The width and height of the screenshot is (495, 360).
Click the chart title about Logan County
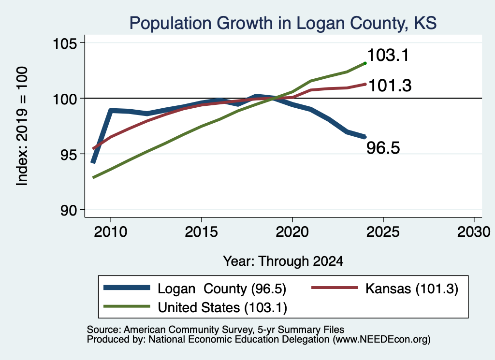click(283, 23)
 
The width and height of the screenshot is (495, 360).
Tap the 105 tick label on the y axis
click(65, 43)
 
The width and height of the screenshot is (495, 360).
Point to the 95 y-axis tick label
click(69, 154)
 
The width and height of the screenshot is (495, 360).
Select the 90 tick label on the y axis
click(69, 210)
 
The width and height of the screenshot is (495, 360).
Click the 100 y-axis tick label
click(65, 99)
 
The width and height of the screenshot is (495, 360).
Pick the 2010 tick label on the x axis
click(111, 232)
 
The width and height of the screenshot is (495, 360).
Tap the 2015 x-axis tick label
click(202, 232)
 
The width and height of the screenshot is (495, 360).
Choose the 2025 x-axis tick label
click(383, 232)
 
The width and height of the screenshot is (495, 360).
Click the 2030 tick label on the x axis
click(474, 232)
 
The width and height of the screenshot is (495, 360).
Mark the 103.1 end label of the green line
click(388, 55)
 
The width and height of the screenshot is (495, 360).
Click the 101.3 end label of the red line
click(390, 86)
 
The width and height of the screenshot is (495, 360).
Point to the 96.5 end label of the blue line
click(383, 148)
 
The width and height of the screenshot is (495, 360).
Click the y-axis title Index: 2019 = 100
click(22, 126)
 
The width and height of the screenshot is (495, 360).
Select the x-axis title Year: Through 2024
click(283, 261)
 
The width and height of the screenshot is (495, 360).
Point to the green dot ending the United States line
click(365, 63)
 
